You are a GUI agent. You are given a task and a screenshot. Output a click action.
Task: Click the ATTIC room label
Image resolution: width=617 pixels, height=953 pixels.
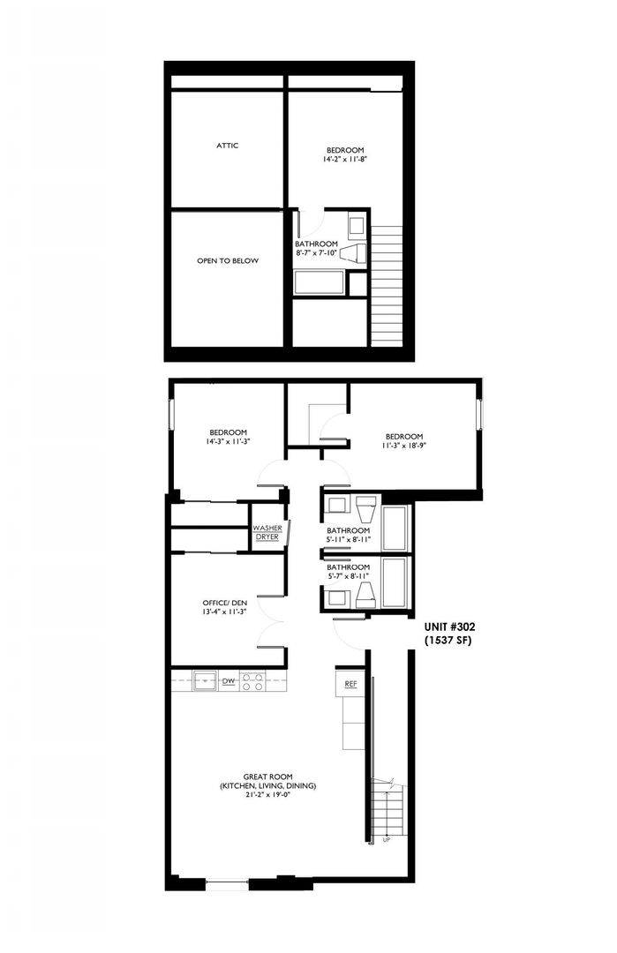pos(228,146)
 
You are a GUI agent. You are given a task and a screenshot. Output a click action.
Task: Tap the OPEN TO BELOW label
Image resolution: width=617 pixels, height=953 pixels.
pos(228,260)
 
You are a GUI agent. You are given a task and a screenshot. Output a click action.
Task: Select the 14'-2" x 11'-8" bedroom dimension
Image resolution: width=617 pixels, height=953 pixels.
pos(345,159)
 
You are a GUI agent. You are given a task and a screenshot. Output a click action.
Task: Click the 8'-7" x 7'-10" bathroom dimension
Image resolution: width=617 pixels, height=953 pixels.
pos(316,253)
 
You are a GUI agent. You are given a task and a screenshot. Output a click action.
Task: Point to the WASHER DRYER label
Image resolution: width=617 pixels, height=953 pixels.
pos(267,533)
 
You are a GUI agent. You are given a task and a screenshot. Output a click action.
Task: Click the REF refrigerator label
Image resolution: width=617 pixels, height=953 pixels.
pos(350,684)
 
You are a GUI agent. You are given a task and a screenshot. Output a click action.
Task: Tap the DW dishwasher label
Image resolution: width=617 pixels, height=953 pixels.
pos(229,681)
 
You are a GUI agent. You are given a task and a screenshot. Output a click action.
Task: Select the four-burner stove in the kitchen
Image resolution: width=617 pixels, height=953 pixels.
pos(252,680)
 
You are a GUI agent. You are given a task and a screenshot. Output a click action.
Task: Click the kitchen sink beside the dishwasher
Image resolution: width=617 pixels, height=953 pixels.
pos(205,680)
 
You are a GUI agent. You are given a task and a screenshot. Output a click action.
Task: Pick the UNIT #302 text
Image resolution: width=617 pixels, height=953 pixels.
pos(450,627)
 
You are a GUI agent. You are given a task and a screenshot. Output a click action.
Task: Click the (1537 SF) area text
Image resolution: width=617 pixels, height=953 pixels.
pos(448,640)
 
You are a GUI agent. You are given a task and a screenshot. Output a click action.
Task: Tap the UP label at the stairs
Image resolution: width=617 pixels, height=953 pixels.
pos(387,840)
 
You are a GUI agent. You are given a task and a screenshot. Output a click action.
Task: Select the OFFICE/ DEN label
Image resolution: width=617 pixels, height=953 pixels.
pos(225,603)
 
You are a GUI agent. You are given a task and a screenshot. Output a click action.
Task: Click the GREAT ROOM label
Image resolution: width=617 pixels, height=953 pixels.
pos(268,777)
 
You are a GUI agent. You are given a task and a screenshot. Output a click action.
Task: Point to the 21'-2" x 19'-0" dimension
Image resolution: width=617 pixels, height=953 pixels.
pos(268,795)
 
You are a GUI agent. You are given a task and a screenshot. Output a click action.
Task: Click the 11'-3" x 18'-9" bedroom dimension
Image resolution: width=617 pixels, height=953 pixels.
pos(404,446)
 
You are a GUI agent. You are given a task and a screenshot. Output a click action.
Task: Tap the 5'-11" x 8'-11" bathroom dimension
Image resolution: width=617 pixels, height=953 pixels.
pos(349,540)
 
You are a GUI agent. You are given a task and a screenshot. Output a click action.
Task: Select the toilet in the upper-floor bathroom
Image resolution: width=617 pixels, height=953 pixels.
pos(353,254)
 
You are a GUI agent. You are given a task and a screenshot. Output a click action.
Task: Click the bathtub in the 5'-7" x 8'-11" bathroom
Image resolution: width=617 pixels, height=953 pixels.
pos(395,583)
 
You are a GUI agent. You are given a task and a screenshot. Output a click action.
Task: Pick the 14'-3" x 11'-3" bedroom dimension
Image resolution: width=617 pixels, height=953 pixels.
pos(228,442)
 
